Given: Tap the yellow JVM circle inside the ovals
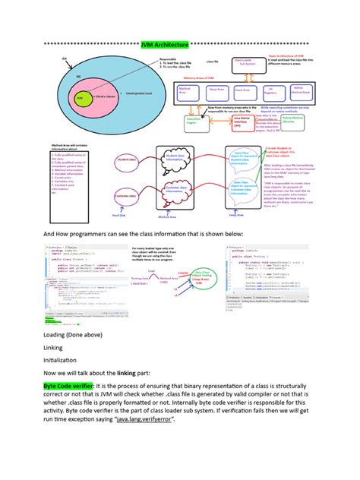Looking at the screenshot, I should [x=81, y=98].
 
